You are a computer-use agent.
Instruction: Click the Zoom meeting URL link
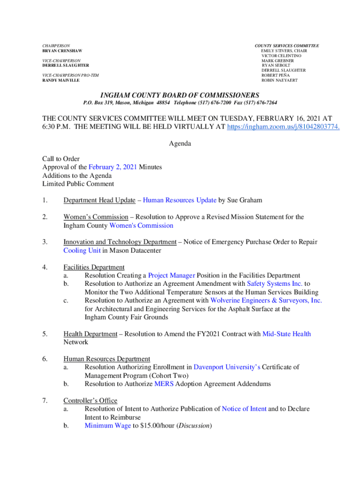(x=283, y=127)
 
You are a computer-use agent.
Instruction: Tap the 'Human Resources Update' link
(x=180, y=200)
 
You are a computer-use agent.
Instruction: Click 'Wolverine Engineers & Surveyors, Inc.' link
(x=266, y=300)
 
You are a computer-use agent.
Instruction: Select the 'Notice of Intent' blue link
(x=244, y=409)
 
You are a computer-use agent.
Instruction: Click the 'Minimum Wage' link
(x=108, y=426)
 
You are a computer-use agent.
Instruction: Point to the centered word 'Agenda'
(x=180, y=144)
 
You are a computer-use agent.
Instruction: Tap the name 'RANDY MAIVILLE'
(x=61, y=80)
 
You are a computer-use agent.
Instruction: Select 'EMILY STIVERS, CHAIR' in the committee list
(x=284, y=51)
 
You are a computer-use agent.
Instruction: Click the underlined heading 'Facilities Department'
(x=94, y=267)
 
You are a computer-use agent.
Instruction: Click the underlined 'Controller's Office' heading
(x=90, y=400)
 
